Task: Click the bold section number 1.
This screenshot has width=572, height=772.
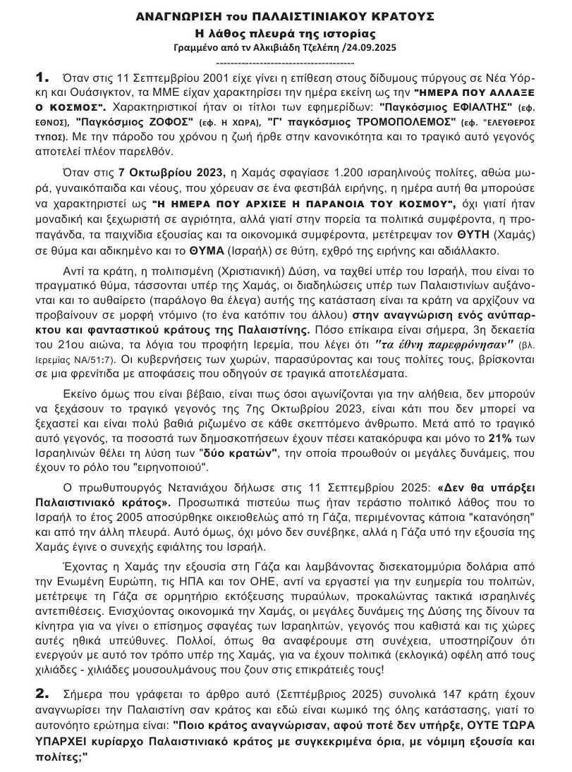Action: click(44, 76)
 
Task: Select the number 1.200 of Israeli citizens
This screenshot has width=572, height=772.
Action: click(342, 173)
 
